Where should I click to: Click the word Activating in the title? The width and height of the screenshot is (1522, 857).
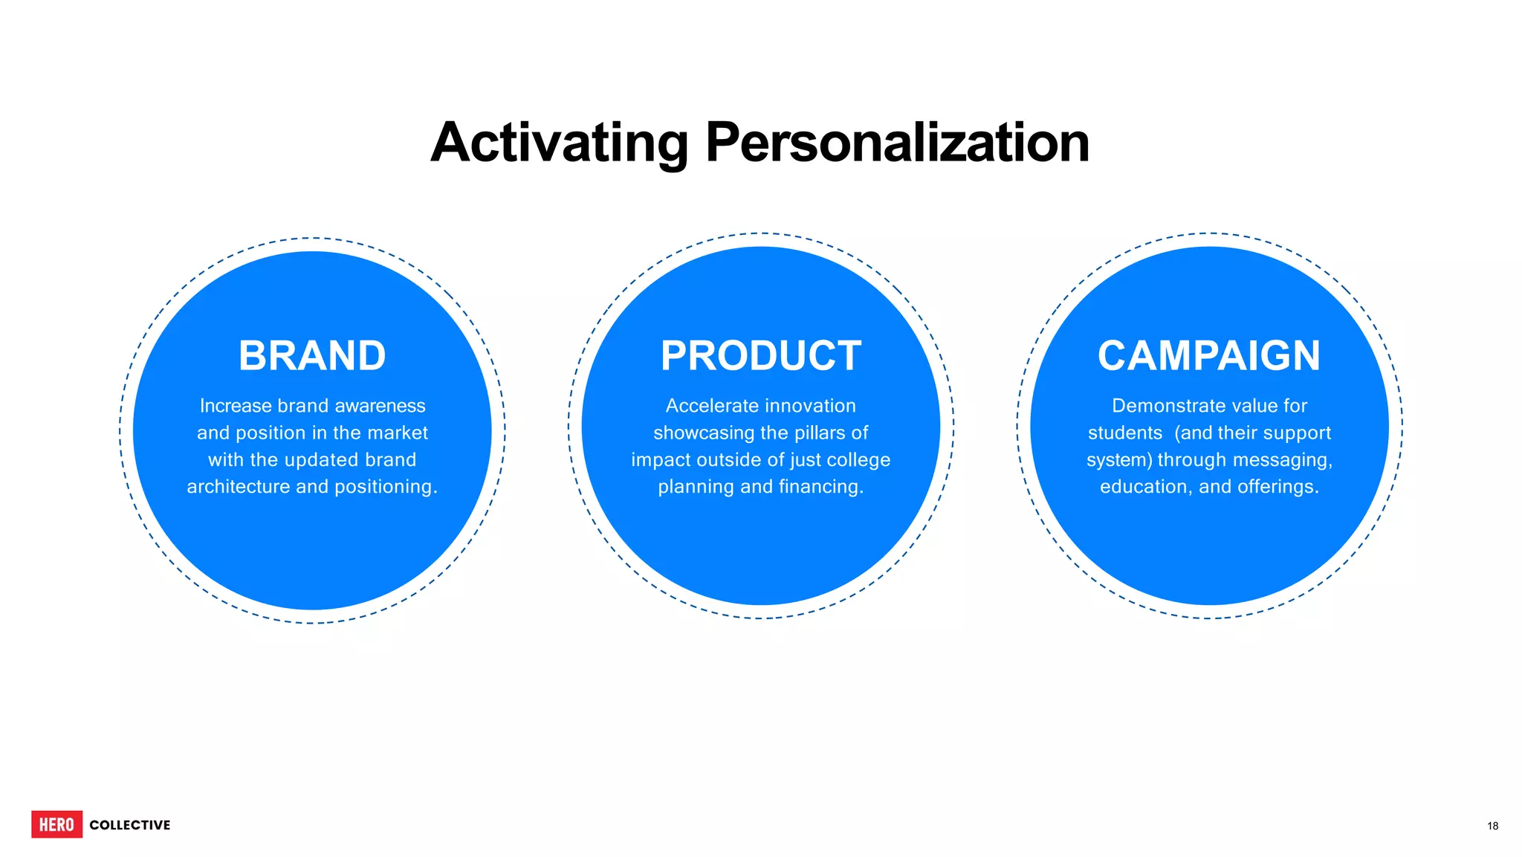point(559,143)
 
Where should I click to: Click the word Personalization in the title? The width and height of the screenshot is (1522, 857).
point(897,143)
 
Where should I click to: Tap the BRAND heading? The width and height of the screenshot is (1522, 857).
point(312,356)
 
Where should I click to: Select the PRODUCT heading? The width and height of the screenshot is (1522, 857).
point(760,356)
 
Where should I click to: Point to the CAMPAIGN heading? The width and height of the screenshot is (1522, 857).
point(1209,356)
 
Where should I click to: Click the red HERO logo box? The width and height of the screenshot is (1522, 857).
point(56,824)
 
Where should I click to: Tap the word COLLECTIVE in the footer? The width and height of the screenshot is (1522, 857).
point(130,825)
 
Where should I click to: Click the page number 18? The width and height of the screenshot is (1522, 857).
point(1492,826)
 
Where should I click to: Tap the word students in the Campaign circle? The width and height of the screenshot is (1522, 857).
point(1125,433)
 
